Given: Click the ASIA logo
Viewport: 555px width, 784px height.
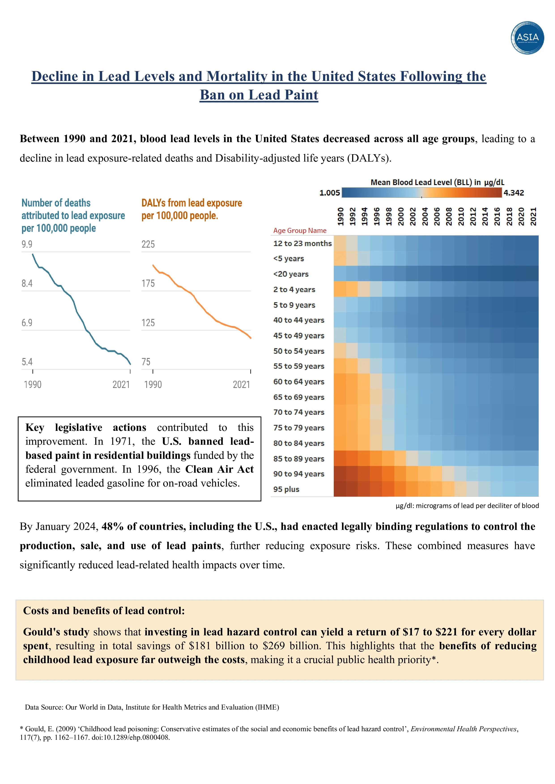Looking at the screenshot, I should pyautogui.click(x=527, y=38).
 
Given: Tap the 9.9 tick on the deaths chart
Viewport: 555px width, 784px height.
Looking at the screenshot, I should pyautogui.click(x=27, y=244).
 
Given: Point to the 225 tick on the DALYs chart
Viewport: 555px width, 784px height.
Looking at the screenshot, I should pyautogui.click(x=148, y=244).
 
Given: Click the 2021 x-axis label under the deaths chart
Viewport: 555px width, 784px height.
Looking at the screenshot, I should pyautogui.click(x=121, y=385).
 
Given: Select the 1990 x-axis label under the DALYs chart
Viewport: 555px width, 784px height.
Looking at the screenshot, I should pyautogui.click(x=153, y=385).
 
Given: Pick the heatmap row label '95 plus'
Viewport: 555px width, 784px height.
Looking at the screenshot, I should pyautogui.click(x=286, y=489).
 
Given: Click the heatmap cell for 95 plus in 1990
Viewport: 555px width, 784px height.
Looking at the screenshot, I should pyautogui.click(x=340, y=489).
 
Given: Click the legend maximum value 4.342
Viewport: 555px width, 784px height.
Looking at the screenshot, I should pyautogui.click(x=513, y=193).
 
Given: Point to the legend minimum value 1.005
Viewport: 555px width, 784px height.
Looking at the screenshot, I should pyautogui.click(x=330, y=193).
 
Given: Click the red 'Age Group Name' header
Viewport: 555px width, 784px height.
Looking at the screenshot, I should pyautogui.click(x=300, y=230).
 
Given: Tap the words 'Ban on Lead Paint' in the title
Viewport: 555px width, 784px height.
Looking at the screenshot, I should pyautogui.click(x=259, y=95).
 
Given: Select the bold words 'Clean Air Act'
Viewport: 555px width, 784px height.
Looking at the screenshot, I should pyautogui.click(x=219, y=469).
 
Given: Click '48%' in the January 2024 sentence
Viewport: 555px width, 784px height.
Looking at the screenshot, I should pyautogui.click(x=113, y=527).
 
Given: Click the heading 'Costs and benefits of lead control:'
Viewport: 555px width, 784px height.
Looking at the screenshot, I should pyautogui.click(x=104, y=611).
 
